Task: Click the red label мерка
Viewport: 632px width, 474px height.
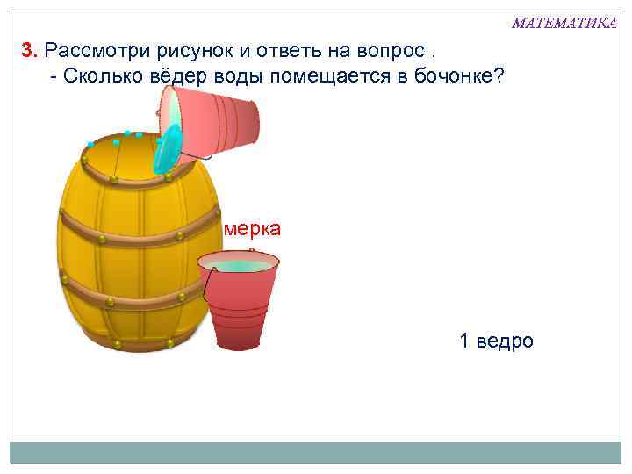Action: pos(253,229)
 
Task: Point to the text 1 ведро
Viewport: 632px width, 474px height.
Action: pos(496,341)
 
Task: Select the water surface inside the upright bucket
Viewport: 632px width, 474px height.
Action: pos(238,265)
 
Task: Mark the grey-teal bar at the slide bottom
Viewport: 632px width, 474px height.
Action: pos(315,452)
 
